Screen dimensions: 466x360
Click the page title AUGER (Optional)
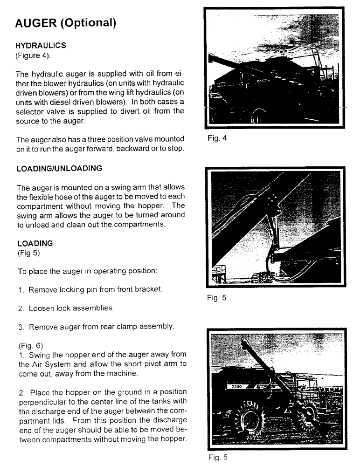tap(65, 23)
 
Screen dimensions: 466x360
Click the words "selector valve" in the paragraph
tap(38, 111)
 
